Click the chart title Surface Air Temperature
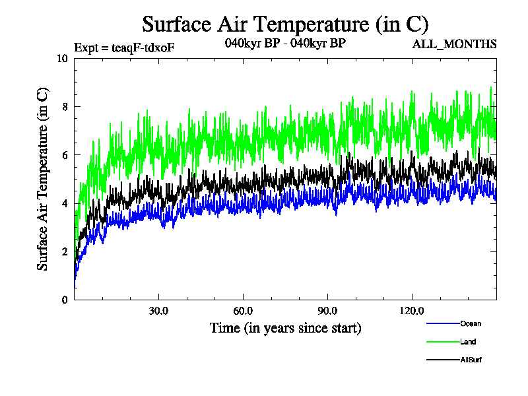(x=285, y=24)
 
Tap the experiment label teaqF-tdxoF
(x=124, y=47)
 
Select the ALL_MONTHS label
(x=454, y=44)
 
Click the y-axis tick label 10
(x=63, y=58)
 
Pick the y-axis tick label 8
(x=65, y=106)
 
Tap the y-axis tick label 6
(x=65, y=154)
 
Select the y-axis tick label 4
(x=65, y=203)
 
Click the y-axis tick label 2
(x=65, y=251)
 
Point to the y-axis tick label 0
(x=65, y=300)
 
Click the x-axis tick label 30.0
(x=158, y=311)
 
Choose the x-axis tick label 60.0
(x=243, y=311)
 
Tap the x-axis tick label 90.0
(x=327, y=311)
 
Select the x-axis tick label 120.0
(x=412, y=311)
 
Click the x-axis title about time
(x=285, y=327)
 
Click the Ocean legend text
(x=471, y=324)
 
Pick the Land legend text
(x=468, y=342)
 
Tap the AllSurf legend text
(x=471, y=359)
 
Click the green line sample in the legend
(x=442, y=342)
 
